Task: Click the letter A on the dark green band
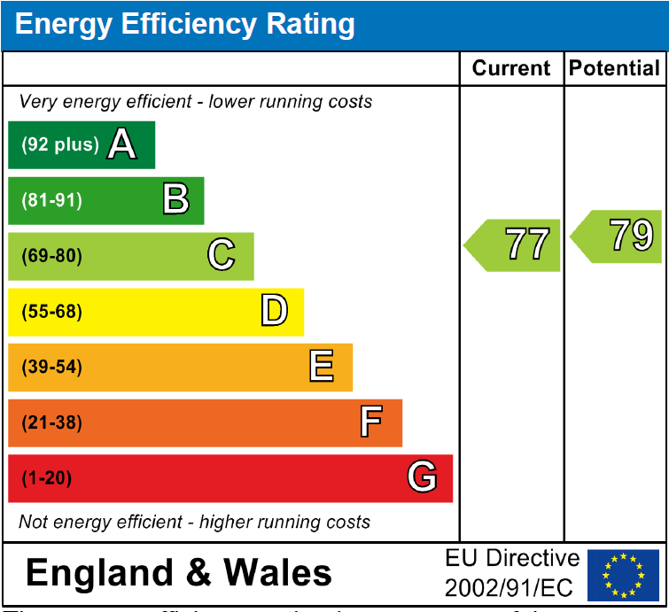click(122, 144)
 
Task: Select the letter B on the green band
click(175, 200)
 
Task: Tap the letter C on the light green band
click(221, 256)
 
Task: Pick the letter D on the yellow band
click(274, 311)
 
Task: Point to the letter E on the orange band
click(321, 367)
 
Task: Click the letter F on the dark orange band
click(371, 422)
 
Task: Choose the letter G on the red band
click(422, 478)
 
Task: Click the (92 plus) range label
click(59, 144)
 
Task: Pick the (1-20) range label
click(46, 478)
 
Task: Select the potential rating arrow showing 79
click(618, 236)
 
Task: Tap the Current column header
click(511, 69)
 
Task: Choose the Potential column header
click(615, 69)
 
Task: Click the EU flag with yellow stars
click(623, 573)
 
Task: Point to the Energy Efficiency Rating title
click(184, 25)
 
